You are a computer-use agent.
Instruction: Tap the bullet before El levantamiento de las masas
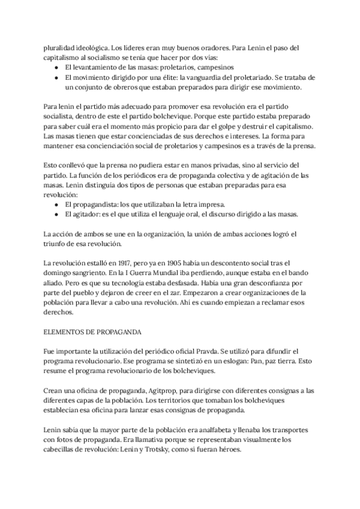[56, 67]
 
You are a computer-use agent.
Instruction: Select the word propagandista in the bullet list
[91, 205]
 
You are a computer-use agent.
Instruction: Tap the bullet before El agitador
[56, 215]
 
